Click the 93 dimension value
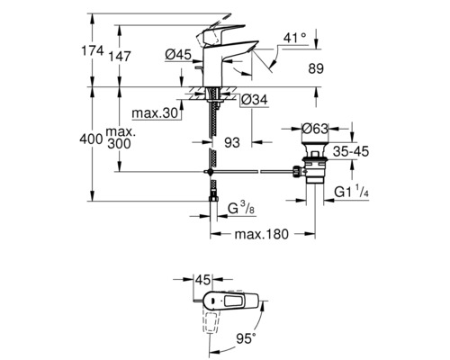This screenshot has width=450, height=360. point(231,141)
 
